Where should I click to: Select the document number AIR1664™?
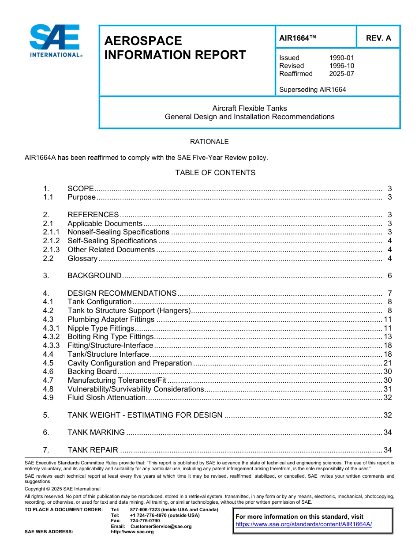298,38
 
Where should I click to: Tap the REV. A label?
378,38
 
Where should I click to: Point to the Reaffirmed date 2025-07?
341,74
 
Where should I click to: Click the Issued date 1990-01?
341,58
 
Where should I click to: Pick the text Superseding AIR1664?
312,90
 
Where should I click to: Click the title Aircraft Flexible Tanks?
249,108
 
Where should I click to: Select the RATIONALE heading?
209,142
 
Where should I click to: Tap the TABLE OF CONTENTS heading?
215,173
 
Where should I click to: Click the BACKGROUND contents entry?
94,276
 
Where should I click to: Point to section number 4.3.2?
51,337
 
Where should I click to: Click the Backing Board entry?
92,372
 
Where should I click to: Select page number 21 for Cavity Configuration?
388,363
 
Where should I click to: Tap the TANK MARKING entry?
96,433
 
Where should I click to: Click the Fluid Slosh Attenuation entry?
106,398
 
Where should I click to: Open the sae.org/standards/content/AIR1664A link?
303,524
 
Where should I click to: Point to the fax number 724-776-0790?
145,521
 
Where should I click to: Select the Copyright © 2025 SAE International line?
63,489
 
